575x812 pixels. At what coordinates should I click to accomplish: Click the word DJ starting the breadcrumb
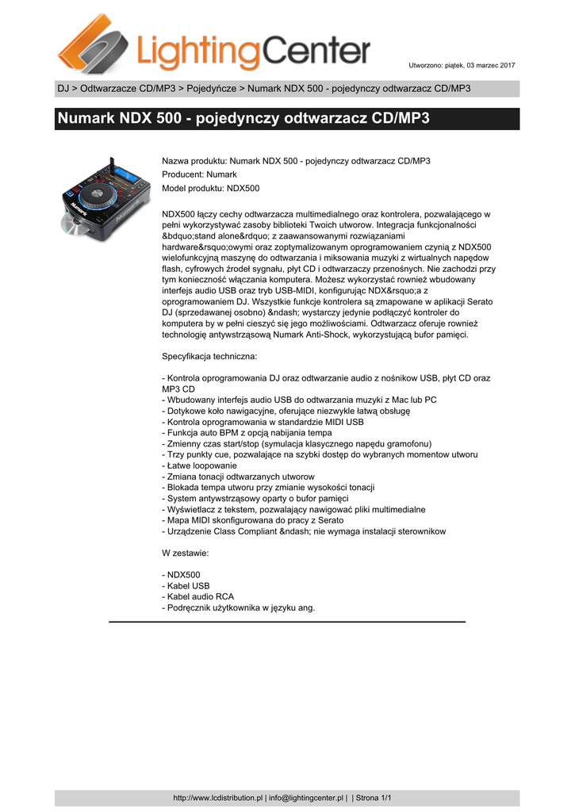(63, 88)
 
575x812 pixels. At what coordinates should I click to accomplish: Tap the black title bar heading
(243, 120)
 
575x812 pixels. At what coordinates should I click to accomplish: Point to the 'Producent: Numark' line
(199, 174)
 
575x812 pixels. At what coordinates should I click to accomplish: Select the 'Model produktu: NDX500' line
(210, 188)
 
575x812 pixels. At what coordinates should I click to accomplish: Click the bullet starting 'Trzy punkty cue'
(319, 455)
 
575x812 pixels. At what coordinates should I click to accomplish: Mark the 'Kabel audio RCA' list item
(197, 596)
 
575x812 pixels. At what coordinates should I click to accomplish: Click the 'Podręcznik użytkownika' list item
(238, 607)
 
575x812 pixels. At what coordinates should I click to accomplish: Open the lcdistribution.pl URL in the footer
(218, 797)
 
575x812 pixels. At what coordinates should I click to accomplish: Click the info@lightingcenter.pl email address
(306, 797)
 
